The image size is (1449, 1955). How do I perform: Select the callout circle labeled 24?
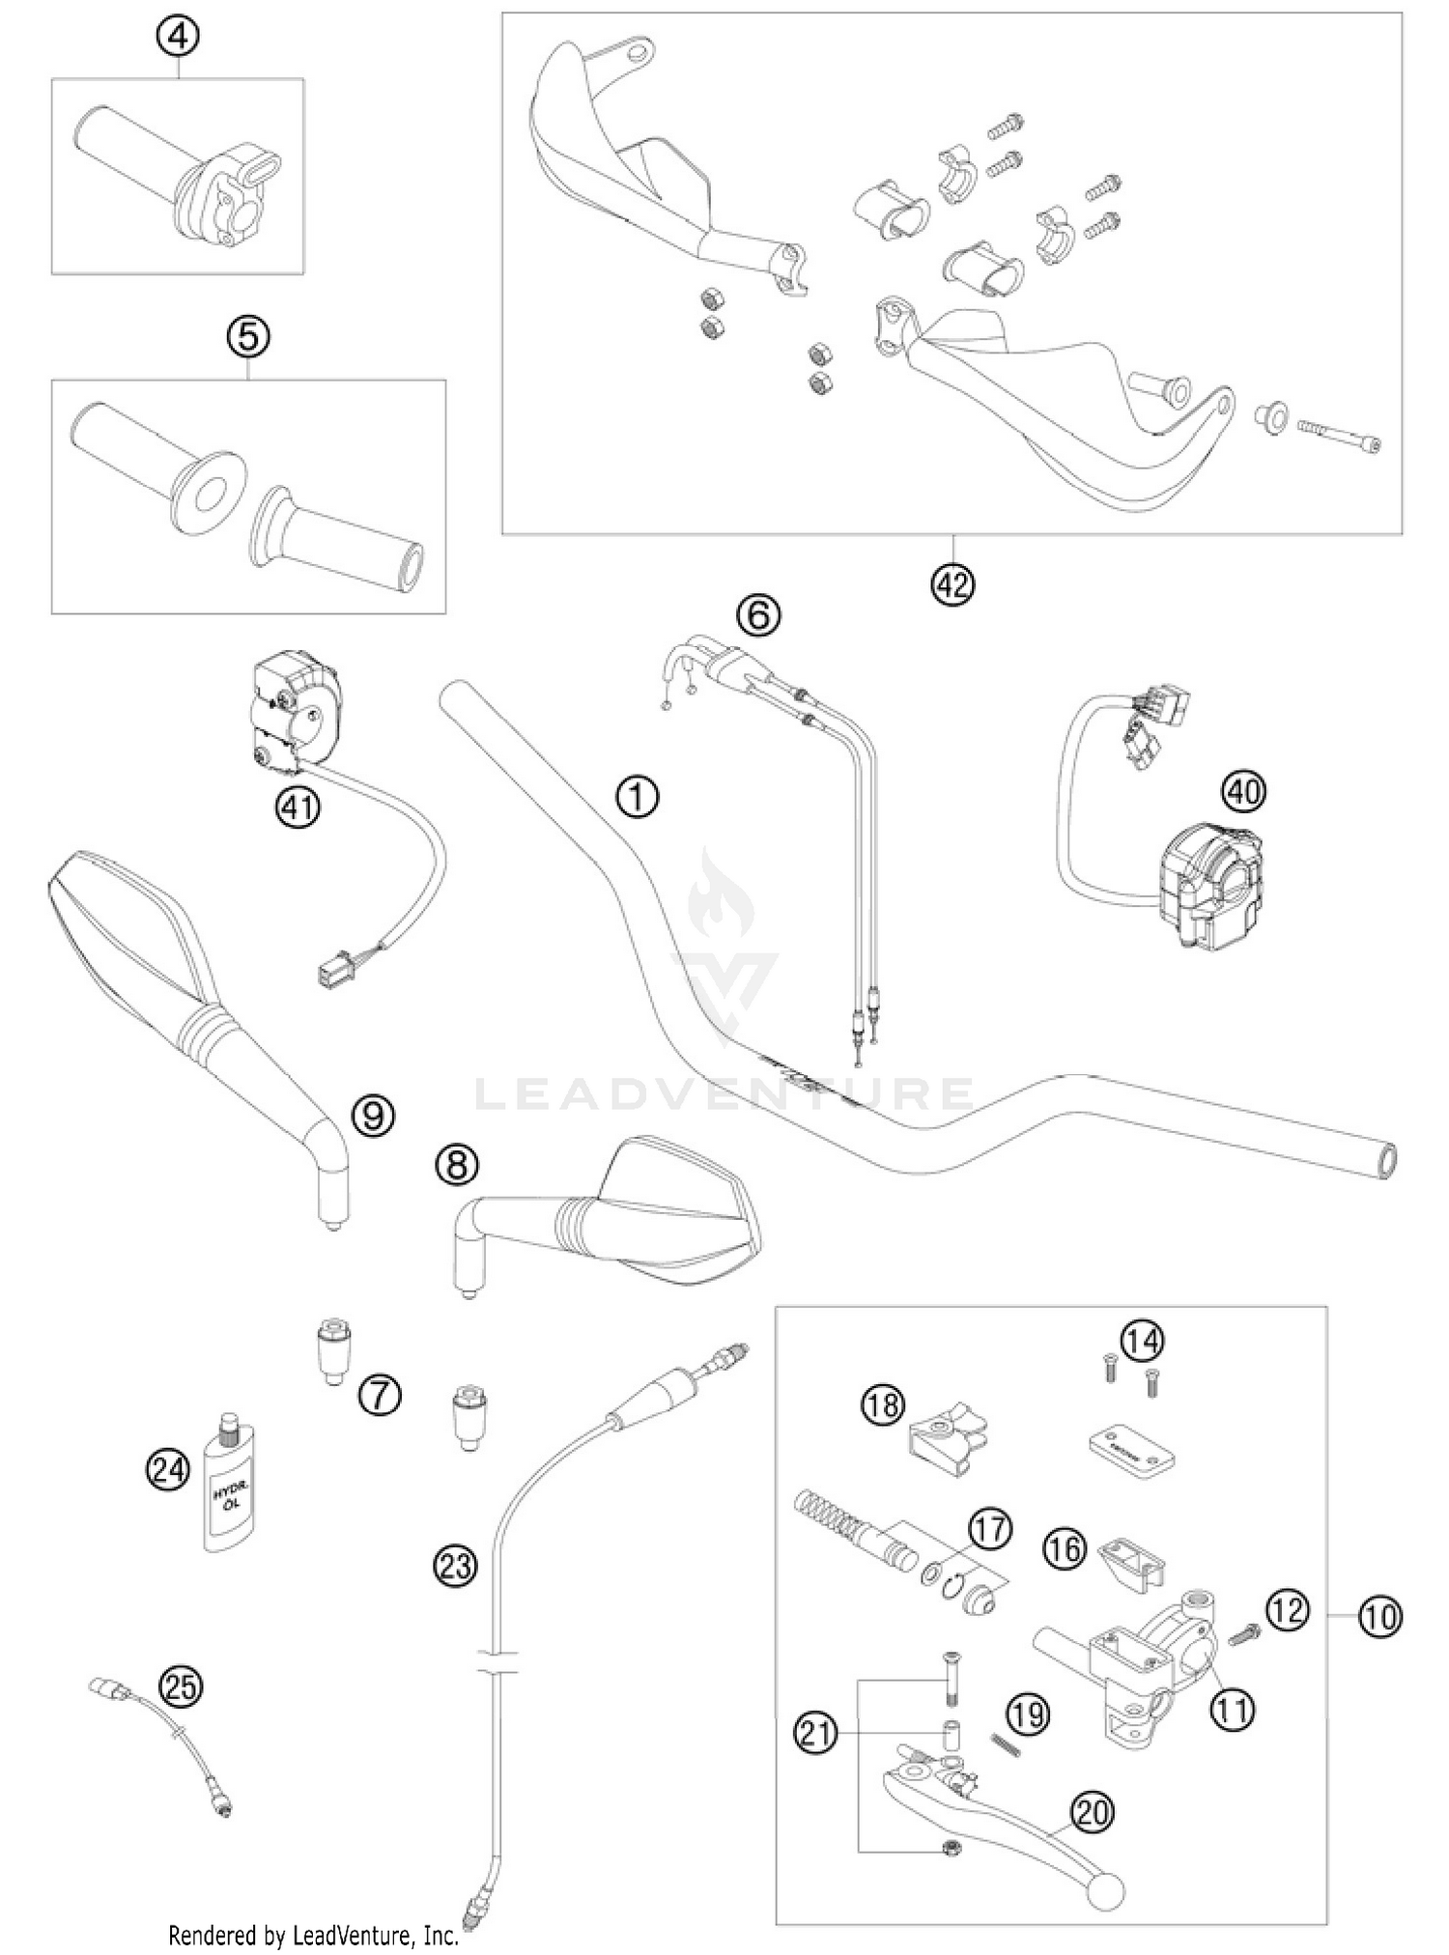pyautogui.click(x=168, y=1471)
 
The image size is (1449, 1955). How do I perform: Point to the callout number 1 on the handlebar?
pyautogui.click(x=637, y=797)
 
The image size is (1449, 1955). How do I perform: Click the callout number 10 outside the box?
pyautogui.click(x=1379, y=1617)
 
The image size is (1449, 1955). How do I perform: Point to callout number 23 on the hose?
pyautogui.click(x=455, y=1564)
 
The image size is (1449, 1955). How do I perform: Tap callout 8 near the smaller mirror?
pyautogui.click(x=457, y=1164)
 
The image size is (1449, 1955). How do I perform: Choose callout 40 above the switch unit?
pyautogui.click(x=1242, y=791)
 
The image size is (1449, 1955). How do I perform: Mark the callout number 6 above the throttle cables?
pyautogui.click(x=758, y=614)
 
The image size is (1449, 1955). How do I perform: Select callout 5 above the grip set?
pyautogui.click(x=248, y=336)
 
